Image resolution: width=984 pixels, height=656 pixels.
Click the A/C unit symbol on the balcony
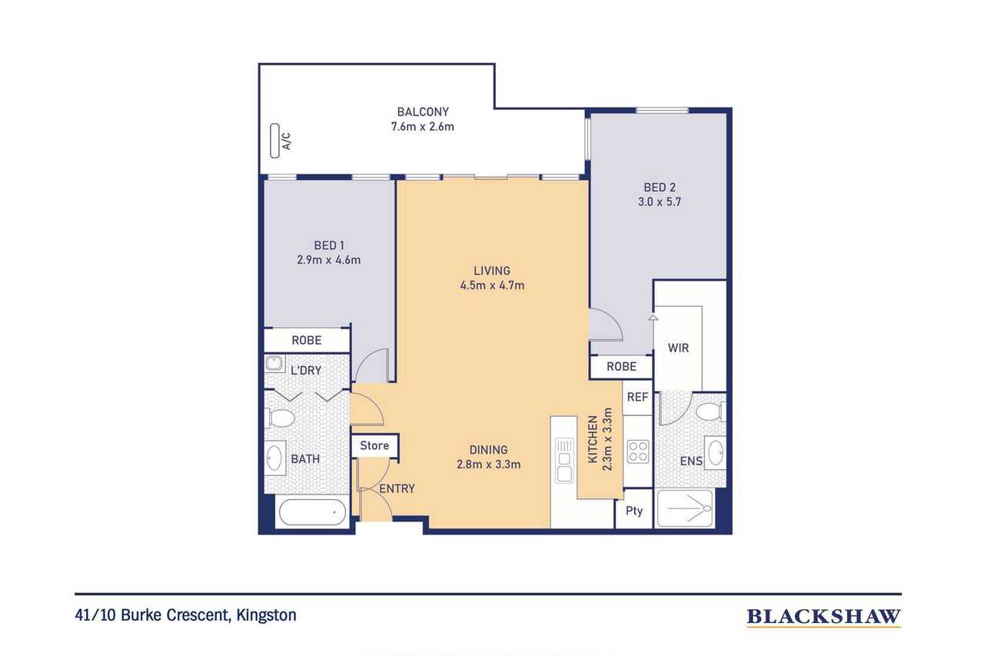coord(275,141)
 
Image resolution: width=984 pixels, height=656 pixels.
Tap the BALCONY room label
coord(423,112)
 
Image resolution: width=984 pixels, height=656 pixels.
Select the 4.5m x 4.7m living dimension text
coord(492,285)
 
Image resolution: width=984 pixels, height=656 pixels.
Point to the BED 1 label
coord(328,245)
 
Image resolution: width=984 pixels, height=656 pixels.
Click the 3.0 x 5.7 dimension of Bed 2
coord(660,202)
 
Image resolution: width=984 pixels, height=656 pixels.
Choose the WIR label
coord(678,348)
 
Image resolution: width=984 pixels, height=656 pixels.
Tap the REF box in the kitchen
coord(637,397)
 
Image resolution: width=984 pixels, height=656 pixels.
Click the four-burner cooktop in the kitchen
coord(638,451)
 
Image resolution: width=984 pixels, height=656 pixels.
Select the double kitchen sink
coord(564,461)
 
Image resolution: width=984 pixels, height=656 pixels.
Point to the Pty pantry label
coord(634,511)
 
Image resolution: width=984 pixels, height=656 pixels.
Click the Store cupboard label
coord(374,445)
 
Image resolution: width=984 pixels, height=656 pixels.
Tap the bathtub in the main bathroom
coord(312,512)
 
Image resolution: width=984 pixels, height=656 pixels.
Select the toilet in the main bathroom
coord(280,418)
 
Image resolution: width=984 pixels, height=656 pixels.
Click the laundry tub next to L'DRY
coord(274,364)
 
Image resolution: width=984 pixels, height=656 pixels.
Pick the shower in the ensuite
coord(685,508)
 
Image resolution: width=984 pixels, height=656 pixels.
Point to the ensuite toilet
coord(711,412)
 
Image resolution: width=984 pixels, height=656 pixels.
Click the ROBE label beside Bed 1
coord(307,340)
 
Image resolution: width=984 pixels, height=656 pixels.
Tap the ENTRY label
coord(397,488)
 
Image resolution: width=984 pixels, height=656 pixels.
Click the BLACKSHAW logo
coord(823,617)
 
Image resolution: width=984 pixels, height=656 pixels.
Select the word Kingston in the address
coord(266,615)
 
